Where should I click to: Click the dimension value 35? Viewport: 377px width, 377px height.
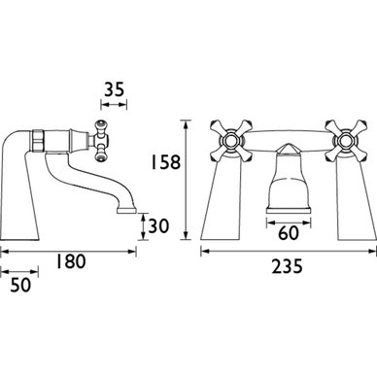coord(114,89)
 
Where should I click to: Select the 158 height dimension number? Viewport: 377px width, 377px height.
coord(165,162)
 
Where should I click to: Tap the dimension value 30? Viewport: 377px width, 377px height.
coord(158,225)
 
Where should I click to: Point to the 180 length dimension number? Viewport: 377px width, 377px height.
coord(71,261)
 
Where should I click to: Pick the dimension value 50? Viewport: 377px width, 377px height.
coord(20,285)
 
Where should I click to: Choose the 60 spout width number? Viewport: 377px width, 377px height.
coord(288,233)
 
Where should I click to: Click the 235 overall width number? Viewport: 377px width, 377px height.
coord(287,266)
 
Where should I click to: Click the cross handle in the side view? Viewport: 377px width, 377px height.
coord(101,141)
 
